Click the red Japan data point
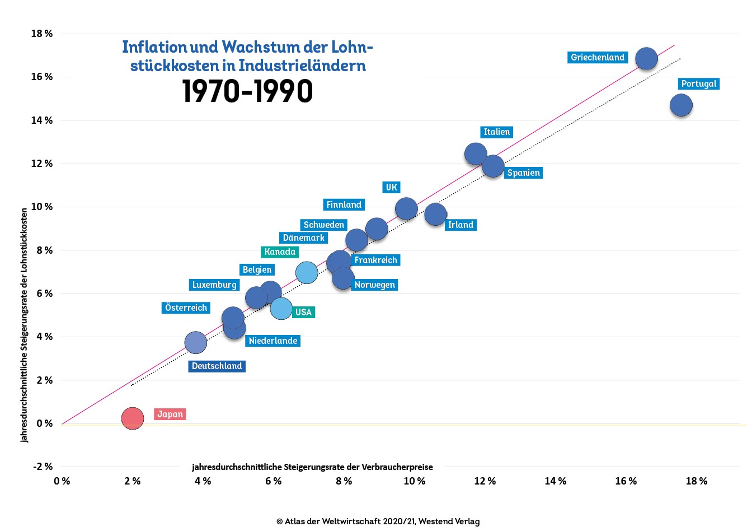pos(133,418)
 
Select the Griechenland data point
pos(646,58)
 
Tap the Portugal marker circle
pos(681,105)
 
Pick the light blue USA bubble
pos(281,308)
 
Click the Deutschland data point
pos(195,342)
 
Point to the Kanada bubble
pos(306,273)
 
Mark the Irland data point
pos(435,214)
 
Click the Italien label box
pos(496,132)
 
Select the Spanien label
pos(523,173)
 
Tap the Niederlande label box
pos(273,341)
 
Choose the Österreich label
pos(186,308)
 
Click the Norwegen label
pos(374,285)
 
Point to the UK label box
pos(391,188)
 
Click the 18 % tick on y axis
pos(42,34)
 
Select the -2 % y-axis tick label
pos(43,467)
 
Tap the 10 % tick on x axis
pos(414,481)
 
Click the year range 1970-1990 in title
pos(247,91)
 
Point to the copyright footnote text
pos(378,521)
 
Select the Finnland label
pos(344,205)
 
